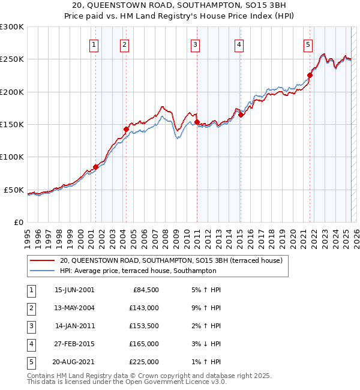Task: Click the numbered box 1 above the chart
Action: [95, 43]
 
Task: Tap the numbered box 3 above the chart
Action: [196, 43]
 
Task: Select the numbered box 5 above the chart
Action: [308, 43]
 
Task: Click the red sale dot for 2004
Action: [127, 129]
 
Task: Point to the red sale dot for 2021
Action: [310, 76]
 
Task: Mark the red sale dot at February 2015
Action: [241, 115]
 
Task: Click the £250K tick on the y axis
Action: [13, 59]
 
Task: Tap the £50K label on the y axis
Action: [14, 190]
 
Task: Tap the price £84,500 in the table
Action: [145, 290]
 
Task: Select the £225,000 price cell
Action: [144, 362]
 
